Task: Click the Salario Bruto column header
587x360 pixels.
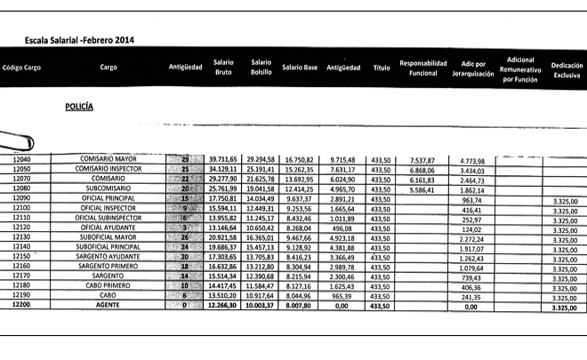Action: click(223, 68)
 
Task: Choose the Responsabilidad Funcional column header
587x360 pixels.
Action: click(422, 68)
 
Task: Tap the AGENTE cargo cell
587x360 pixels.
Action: click(109, 305)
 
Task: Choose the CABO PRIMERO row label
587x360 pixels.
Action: click(109, 285)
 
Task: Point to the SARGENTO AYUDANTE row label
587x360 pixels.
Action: click(109, 256)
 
